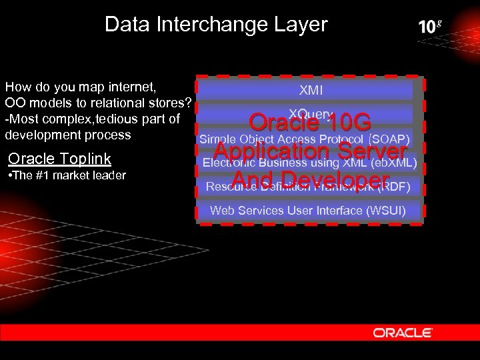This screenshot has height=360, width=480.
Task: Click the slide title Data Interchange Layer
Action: tap(216, 25)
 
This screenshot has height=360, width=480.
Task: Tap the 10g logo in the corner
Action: tap(430, 27)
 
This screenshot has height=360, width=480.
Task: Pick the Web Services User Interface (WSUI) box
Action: tap(308, 211)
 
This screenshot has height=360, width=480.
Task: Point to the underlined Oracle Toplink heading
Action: tap(59, 159)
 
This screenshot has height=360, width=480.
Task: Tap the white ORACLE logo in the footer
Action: tap(402, 332)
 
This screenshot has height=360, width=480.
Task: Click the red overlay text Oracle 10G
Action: tap(310, 123)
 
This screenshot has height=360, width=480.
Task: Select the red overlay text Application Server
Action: tap(310, 153)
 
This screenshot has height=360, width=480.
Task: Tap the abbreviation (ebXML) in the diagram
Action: tap(394, 163)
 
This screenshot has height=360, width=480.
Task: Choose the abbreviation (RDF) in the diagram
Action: tap(393, 187)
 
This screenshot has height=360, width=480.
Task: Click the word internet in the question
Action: tap(133, 87)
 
